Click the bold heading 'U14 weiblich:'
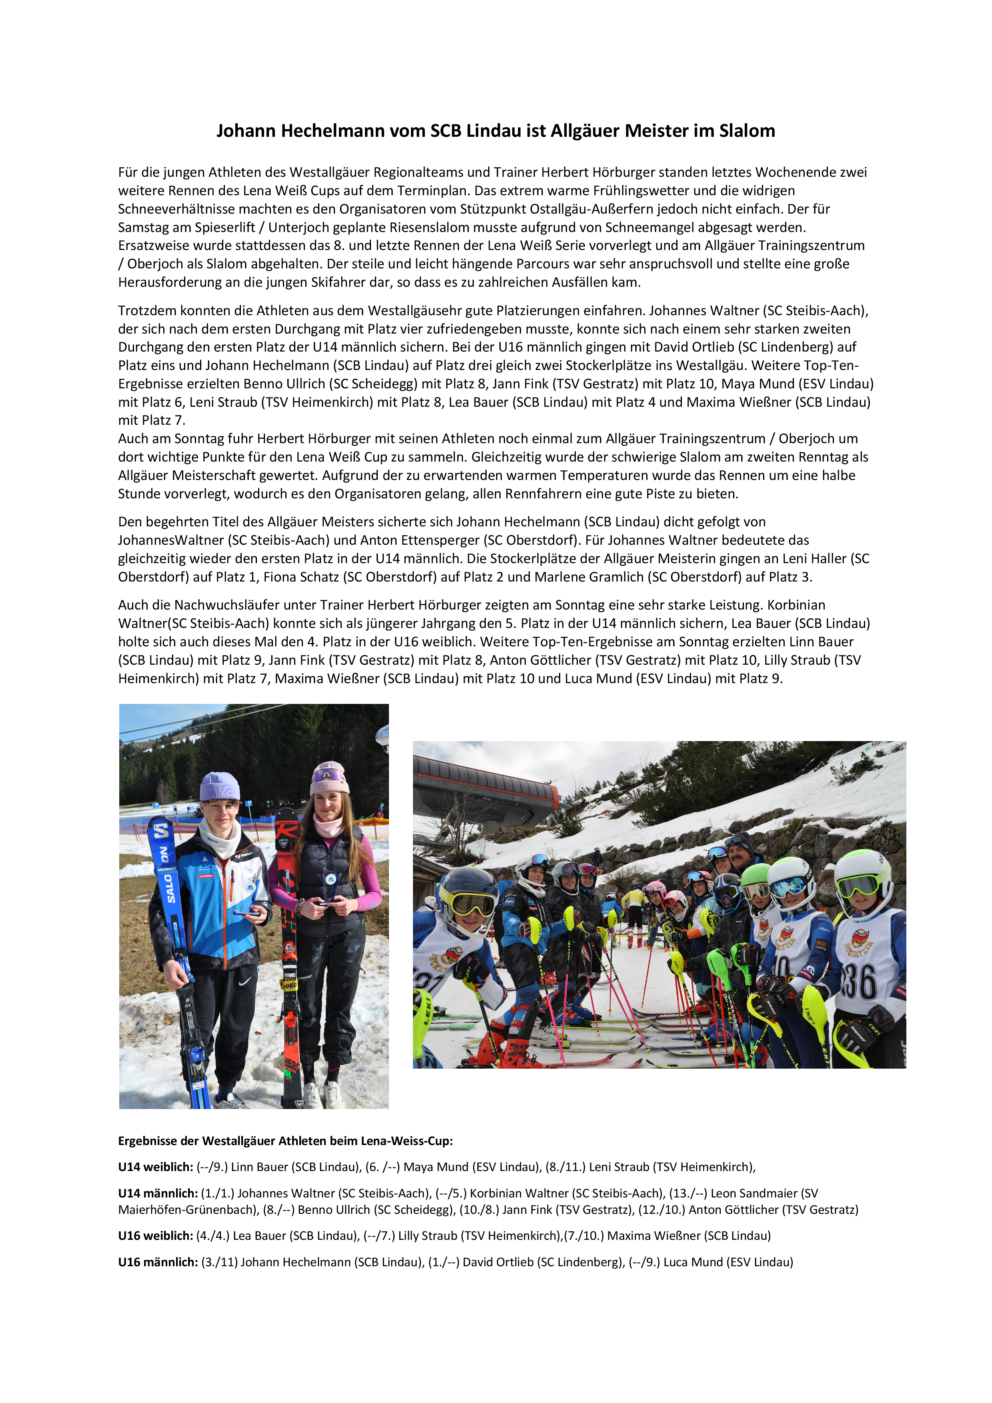coord(155,1167)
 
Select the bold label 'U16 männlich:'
coord(158,1262)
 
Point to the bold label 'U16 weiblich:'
coord(155,1235)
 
